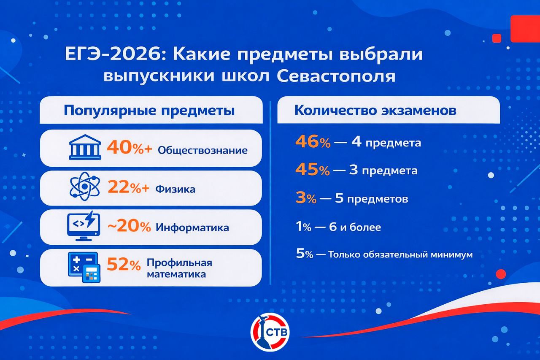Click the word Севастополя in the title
[x=336, y=77]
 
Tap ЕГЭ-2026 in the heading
[x=113, y=54]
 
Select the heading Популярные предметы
[x=149, y=111]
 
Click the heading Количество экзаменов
[x=375, y=111]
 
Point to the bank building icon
[x=85, y=147]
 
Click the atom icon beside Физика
[x=85, y=187]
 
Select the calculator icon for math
[x=84, y=267]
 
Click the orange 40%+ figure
[x=130, y=148]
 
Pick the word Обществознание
[x=202, y=151]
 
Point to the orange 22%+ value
[x=129, y=187]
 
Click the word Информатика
[x=192, y=227]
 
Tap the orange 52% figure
[x=124, y=264]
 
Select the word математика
[x=176, y=274]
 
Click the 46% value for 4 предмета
[x=313, y=142]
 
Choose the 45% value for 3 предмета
[x=313, y=170]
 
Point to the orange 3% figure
[x=306, y=198]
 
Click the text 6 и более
[x=355, y=227]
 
